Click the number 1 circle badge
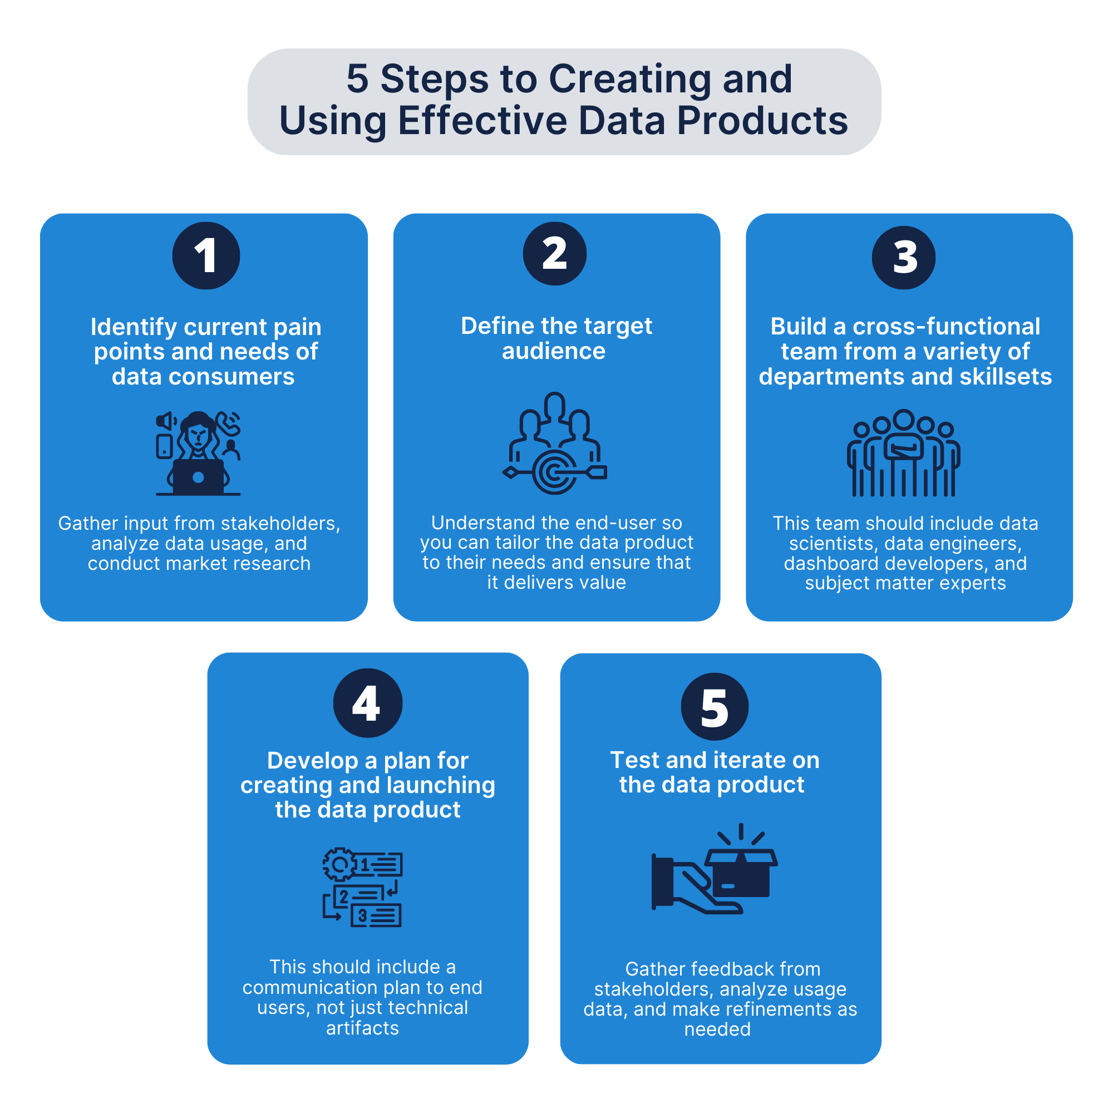(206, 255)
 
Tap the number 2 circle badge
(554, 253)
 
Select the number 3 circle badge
(903, 257)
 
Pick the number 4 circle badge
(367, 703)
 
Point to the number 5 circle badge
(715, 706)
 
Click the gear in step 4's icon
(340, 864)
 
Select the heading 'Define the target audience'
(556, 338)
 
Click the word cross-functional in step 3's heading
(946, 327)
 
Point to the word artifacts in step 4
(362, 1028)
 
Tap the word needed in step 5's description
(717, 1029)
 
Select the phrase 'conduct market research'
(199, 563)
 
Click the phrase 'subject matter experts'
(905, 583)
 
